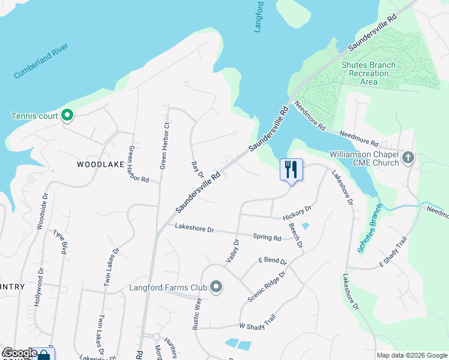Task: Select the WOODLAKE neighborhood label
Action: [100, 164]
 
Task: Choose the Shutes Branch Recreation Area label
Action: [368, 73]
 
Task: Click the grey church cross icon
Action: [408, 158]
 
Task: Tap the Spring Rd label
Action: [267, 238]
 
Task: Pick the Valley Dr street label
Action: [233, 251]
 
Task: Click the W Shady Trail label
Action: [257, 321]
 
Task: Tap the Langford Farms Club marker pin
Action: [216, 288]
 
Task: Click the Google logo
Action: [20, 353]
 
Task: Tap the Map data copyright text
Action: [411, 355]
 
